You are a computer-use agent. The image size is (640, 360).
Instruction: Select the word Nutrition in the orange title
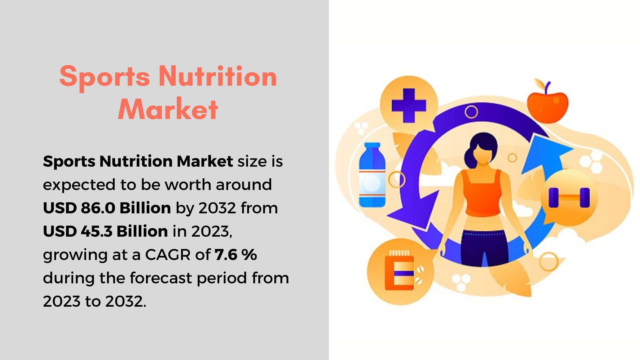pos(217,76)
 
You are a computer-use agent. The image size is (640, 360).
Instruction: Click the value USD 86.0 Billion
pos(107,208)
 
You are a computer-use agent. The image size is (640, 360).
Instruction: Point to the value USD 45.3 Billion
pos(105,231)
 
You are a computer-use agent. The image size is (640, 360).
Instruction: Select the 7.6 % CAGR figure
pos(236,255)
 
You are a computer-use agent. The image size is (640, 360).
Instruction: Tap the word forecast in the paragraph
pos(161,278)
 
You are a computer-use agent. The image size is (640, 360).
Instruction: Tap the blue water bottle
pos(372,175)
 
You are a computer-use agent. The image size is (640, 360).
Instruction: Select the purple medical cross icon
pos(409,105)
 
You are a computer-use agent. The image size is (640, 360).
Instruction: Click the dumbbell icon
pos(569,198)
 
